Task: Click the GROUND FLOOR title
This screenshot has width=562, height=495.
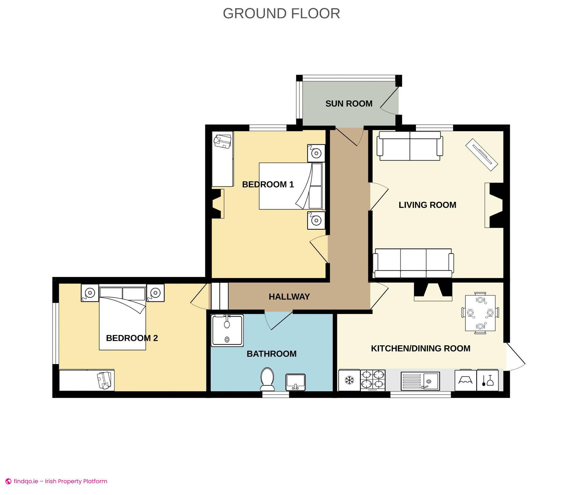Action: coord(281,13)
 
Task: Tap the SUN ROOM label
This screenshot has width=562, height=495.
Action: coord(349,104)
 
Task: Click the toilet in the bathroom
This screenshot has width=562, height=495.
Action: coord(267,379)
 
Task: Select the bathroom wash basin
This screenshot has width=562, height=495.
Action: coord(295,382)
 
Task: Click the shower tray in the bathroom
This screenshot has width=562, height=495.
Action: coord(227,330)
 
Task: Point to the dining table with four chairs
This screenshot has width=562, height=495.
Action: coord(480,313)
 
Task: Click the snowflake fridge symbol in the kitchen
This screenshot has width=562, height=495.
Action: coord(349,380)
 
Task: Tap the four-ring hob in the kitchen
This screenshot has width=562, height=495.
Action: coord(373,380)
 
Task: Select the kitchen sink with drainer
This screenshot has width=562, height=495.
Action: coord(420,381)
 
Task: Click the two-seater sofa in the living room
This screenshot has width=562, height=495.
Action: coord(410,146)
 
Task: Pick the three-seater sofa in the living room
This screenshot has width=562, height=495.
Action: coord(413,263)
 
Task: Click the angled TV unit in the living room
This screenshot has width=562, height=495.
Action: coord(482,154)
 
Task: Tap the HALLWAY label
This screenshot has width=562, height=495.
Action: coord(289,297)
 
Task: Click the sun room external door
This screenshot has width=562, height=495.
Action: coord(390,103)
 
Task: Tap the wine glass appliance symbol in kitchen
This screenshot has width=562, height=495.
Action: coord(487,380)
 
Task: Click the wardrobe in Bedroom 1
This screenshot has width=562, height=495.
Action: coord(223,159)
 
